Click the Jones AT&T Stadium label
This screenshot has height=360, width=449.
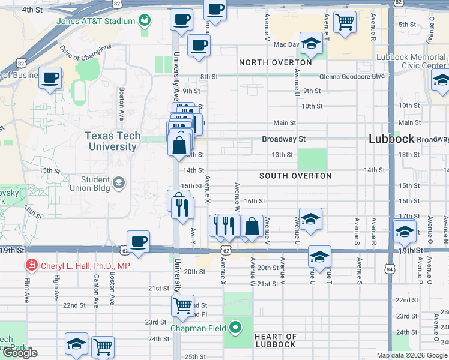pos(95,22)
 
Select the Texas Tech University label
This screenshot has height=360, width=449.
pos(112,141)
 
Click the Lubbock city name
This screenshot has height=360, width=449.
pos(391,139)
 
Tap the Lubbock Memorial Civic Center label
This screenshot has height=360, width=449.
pos(411,62)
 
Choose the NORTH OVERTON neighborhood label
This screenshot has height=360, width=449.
pos(276,62)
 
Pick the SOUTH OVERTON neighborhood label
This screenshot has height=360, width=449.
pos(295,176)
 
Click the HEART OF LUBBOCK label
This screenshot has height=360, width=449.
pos(275,340)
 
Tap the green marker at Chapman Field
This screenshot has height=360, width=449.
pos(235,328)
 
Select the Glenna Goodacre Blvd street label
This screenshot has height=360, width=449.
pos(352,77)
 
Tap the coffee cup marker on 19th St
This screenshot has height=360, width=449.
pos(139,242)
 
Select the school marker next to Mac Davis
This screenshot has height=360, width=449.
pos(311,43)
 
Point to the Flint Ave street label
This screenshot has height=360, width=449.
pos(27,289)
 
